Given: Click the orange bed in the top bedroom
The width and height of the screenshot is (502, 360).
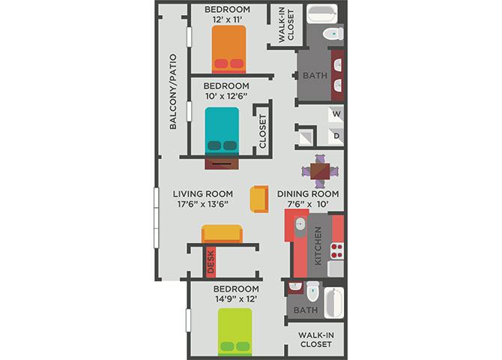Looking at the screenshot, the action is click(229, 49).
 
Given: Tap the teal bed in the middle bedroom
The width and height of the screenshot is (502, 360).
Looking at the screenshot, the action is click(222, 130).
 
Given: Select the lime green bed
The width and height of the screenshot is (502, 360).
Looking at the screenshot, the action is click(235, 331).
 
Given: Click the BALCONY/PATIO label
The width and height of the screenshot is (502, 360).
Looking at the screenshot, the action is click(173, 91).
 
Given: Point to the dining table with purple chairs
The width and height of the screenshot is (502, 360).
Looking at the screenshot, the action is click(320, 171).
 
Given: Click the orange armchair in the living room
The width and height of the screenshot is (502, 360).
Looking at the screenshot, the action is click(259, 199).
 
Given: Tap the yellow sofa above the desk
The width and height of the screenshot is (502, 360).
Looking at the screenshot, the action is click(222, 234).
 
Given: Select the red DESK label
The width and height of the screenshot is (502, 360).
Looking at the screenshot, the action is click(211, 262).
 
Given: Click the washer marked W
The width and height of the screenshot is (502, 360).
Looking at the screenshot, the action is click(336, 114).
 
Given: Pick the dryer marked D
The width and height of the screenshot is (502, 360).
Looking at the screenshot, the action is click(336, 136).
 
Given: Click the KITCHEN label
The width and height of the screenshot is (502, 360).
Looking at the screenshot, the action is click(318, 246).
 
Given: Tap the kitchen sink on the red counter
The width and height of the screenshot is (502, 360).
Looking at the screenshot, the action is click(300, 225).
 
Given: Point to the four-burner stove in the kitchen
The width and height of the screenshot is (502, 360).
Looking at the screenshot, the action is click(337, 251).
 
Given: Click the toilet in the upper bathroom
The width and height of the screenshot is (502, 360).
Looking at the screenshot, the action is click(333, 34).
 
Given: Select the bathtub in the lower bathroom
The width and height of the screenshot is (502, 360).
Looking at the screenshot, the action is click(333, 303).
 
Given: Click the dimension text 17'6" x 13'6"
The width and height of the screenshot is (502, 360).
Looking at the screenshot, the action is click(202, 204).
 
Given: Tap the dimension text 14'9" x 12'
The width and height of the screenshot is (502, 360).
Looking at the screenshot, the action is click(236, 299).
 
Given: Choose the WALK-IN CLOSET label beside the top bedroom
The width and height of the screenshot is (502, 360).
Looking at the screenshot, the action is click(286, 25).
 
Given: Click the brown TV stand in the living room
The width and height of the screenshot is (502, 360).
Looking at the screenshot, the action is click(222, 163).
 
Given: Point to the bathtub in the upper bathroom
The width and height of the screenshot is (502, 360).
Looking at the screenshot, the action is click(322, 14).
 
